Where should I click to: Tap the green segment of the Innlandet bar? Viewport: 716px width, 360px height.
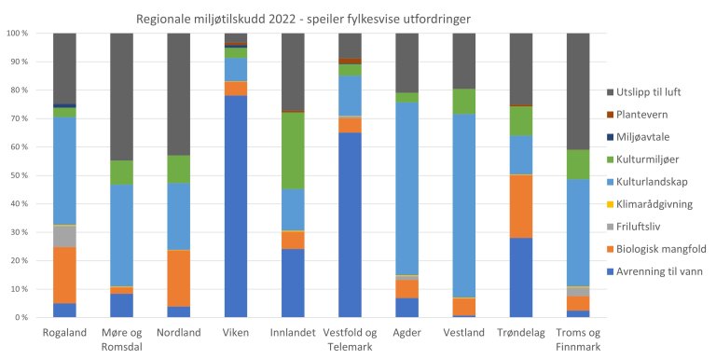[x=293, y=150]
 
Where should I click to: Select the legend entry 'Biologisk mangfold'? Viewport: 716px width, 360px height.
[x=661, y=250]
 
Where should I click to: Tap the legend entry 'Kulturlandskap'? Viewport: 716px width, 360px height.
[x=654, y=182]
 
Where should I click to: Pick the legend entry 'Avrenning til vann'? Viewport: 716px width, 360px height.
[x=661, y=272]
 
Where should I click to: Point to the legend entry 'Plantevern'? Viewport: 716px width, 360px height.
[x=646, y=114]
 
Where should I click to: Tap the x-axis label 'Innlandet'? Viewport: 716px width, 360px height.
[x=293, y=331]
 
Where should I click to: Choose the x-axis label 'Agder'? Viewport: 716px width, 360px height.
[x=407, y=331]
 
